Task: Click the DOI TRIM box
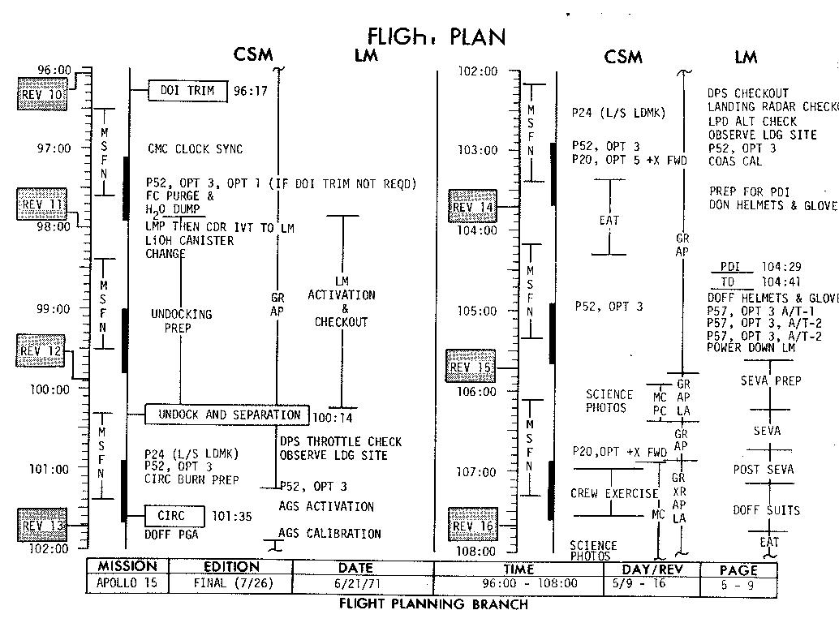(x=187, y=91)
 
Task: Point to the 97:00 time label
(x=53, y=149)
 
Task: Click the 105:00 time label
(x=478, y=311)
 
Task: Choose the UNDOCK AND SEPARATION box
(x=227, y=415)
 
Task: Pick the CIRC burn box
(x=171, y=516)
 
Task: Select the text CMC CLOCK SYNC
(x=195, y=149)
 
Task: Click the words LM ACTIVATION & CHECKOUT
(x=342, y=308)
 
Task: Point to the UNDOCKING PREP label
(x=181, y=321)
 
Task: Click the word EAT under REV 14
(x=609, y=220)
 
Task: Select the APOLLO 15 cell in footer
(x=127, y=583)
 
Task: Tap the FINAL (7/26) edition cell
(x=231, y=583)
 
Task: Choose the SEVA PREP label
(x=770, y=381)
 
